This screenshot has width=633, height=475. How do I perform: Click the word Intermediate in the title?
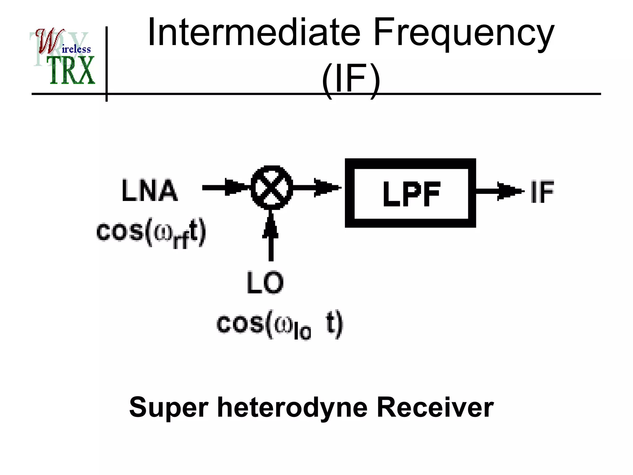click(x=254, y=32)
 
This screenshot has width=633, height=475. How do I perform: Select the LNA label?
click(x=150, y=190)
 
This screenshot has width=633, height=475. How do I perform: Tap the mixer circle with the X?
click(x=271, y=188)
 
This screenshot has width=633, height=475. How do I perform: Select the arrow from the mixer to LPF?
click(x=317, y=187)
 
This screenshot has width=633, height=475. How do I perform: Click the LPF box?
click(x=410, y=193)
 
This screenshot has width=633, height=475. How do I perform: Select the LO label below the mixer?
click(x=265, y=283)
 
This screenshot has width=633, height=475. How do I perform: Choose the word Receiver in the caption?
click(x=435, y=408)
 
